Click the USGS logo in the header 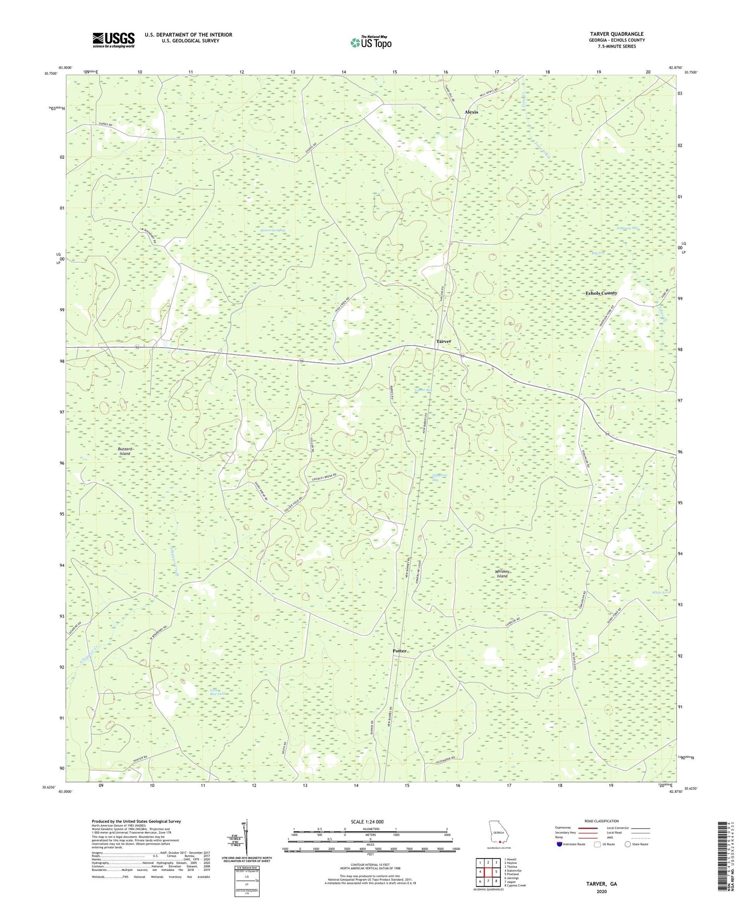(x=114, y=40)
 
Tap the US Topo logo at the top (x=370, y=42)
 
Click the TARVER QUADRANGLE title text (x=616, y=34)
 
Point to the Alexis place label (x=471, y=112)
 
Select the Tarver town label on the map (x=443, y=341)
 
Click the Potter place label (x=399, y=651)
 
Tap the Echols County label (x=601, y=293)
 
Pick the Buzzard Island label (x=124, y=452)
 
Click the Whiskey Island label (x=502, y=574)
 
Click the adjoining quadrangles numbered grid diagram (x=488, y=872)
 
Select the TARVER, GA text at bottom (x=601, y=884)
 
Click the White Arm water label (x=660, y=593)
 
